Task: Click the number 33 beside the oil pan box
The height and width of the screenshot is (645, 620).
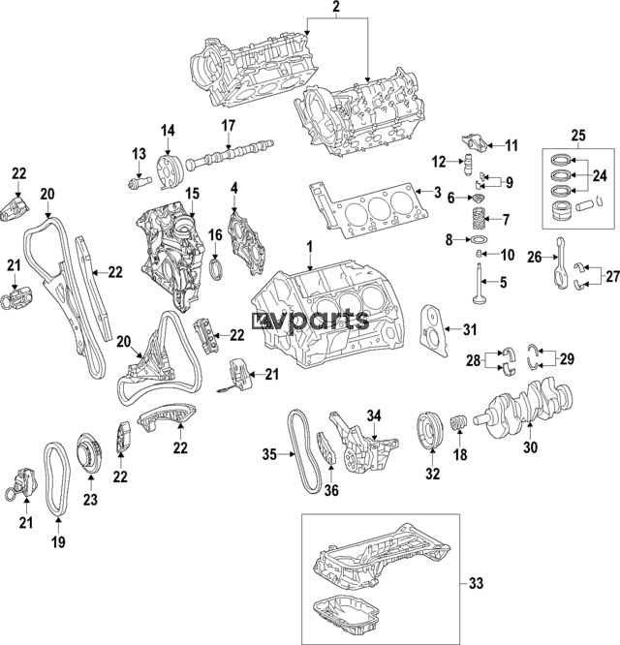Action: pyautogui.click(x=476, y=583)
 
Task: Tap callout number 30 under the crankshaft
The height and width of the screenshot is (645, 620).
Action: pyautogui.click(x=529, y=446)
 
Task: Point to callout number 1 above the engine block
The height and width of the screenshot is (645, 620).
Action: pyautogui.click(x=310, y=247)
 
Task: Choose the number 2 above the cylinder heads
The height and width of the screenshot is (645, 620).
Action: pyautogui.click(x=336, y=10)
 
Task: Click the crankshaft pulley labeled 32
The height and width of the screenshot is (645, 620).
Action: pyautogui.click(x=425, y=430)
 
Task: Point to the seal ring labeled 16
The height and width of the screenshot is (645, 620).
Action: pyautogui.click(x=219, y=263)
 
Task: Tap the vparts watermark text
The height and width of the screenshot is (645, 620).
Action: pyautogui.click(x=310, y=320)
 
